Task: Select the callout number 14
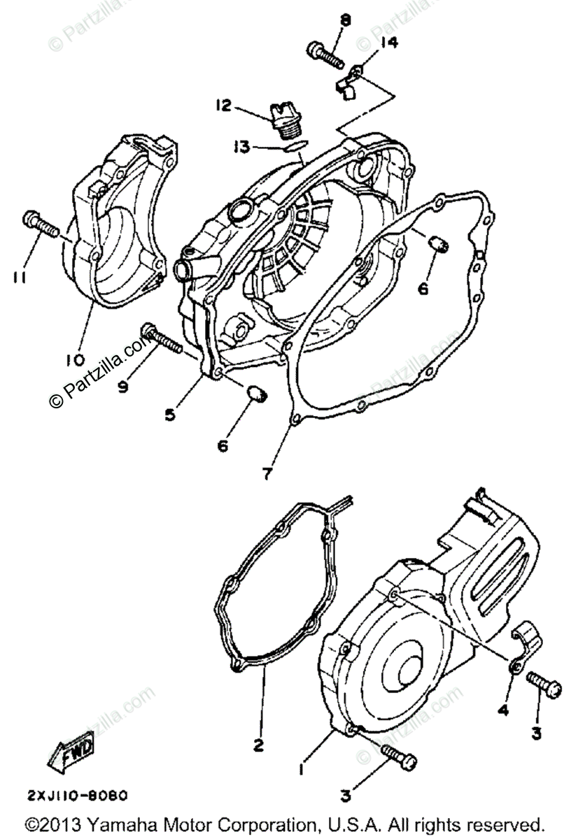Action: coord(388,43)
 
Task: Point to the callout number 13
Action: coord(241,147)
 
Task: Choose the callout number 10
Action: coord(75,360)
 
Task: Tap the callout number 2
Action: coord(258,745)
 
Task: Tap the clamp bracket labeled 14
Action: coord(349,84)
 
